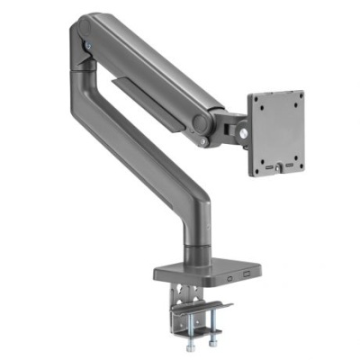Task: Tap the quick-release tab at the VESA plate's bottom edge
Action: click(x=280, y=167)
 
